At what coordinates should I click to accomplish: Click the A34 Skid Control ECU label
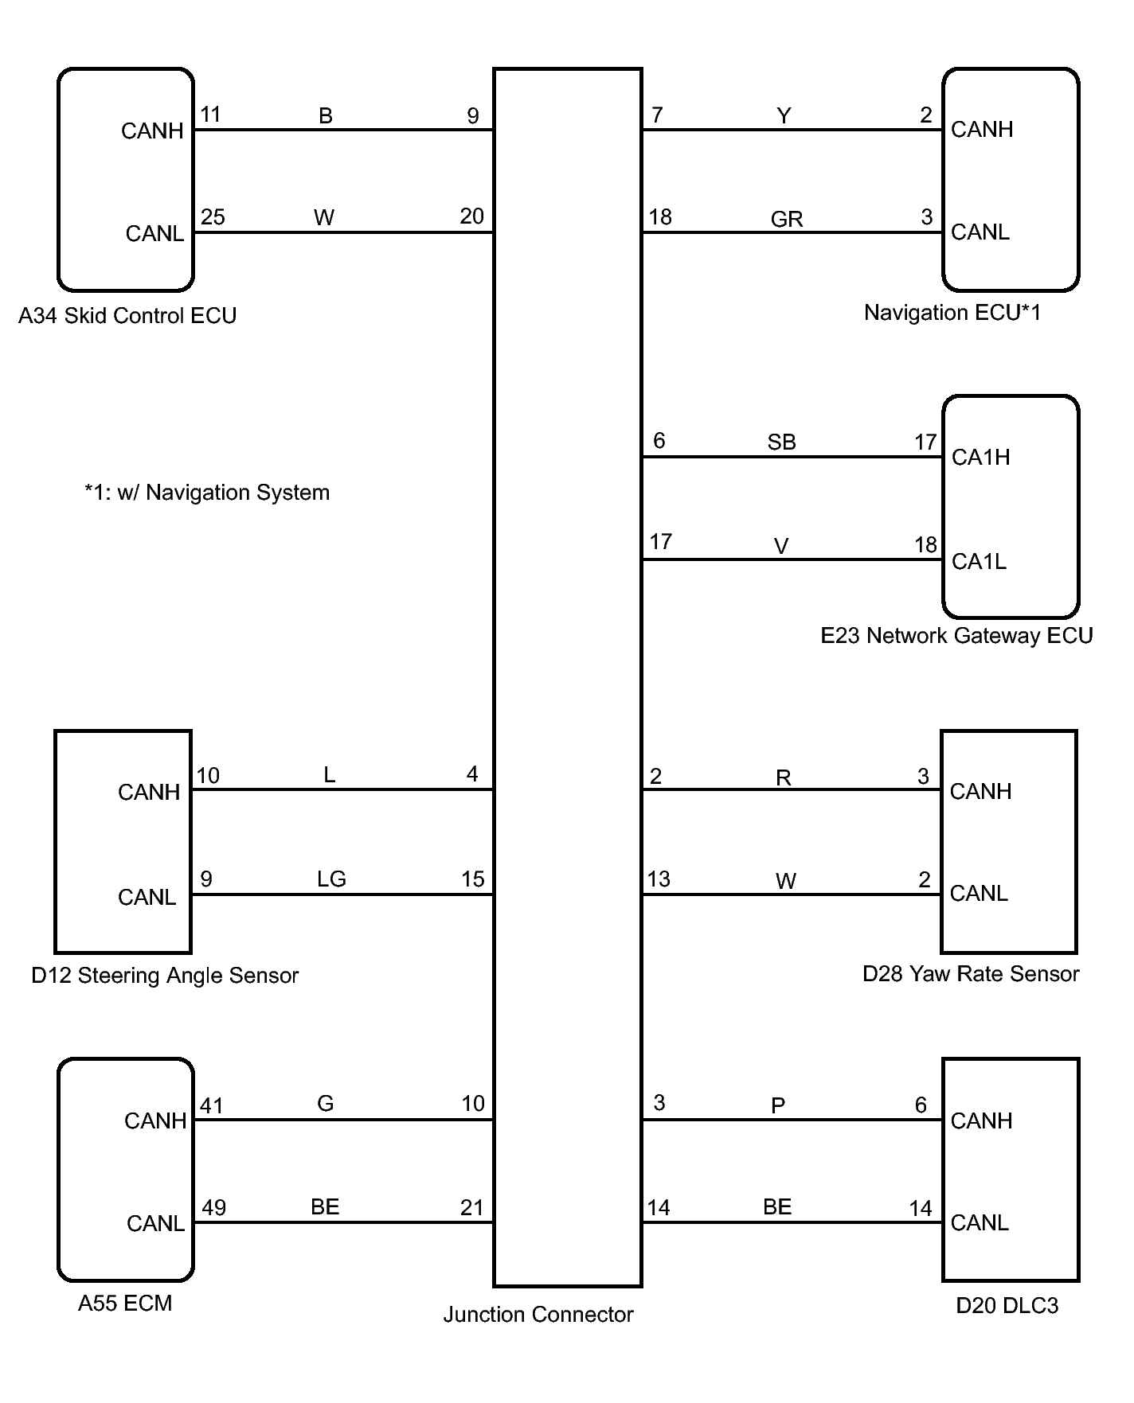tap(127, 316)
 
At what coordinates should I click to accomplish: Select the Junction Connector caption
tap(538, 1314)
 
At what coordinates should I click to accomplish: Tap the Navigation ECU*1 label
tap(952, 313)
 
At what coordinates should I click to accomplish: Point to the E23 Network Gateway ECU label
tap(956, 635)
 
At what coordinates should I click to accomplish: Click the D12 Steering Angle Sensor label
tap(165, 975)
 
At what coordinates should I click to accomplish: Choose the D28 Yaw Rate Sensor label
tap(971, 973)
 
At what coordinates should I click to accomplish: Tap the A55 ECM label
tap(125, 1303)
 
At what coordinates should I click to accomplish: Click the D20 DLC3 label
tap(1007, 1305)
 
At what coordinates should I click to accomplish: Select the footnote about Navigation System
tap(207, 493)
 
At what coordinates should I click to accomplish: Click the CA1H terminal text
tap(980, 458)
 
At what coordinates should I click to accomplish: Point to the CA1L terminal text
tap(979, 561)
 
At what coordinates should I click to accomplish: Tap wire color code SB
tap(781, 442)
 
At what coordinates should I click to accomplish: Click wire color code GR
tap(786, 219)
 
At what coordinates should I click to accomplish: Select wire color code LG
tap(331, 879)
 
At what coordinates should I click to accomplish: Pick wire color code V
tap(781, 546)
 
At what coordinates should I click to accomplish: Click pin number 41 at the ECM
tap(211, 1105)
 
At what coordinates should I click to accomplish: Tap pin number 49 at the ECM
tap(213, 1207)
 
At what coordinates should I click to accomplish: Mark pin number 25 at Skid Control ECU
tap(213, 217)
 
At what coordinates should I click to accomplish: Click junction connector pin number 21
tap(471, 1207)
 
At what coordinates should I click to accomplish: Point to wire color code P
tap(778, 1105)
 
